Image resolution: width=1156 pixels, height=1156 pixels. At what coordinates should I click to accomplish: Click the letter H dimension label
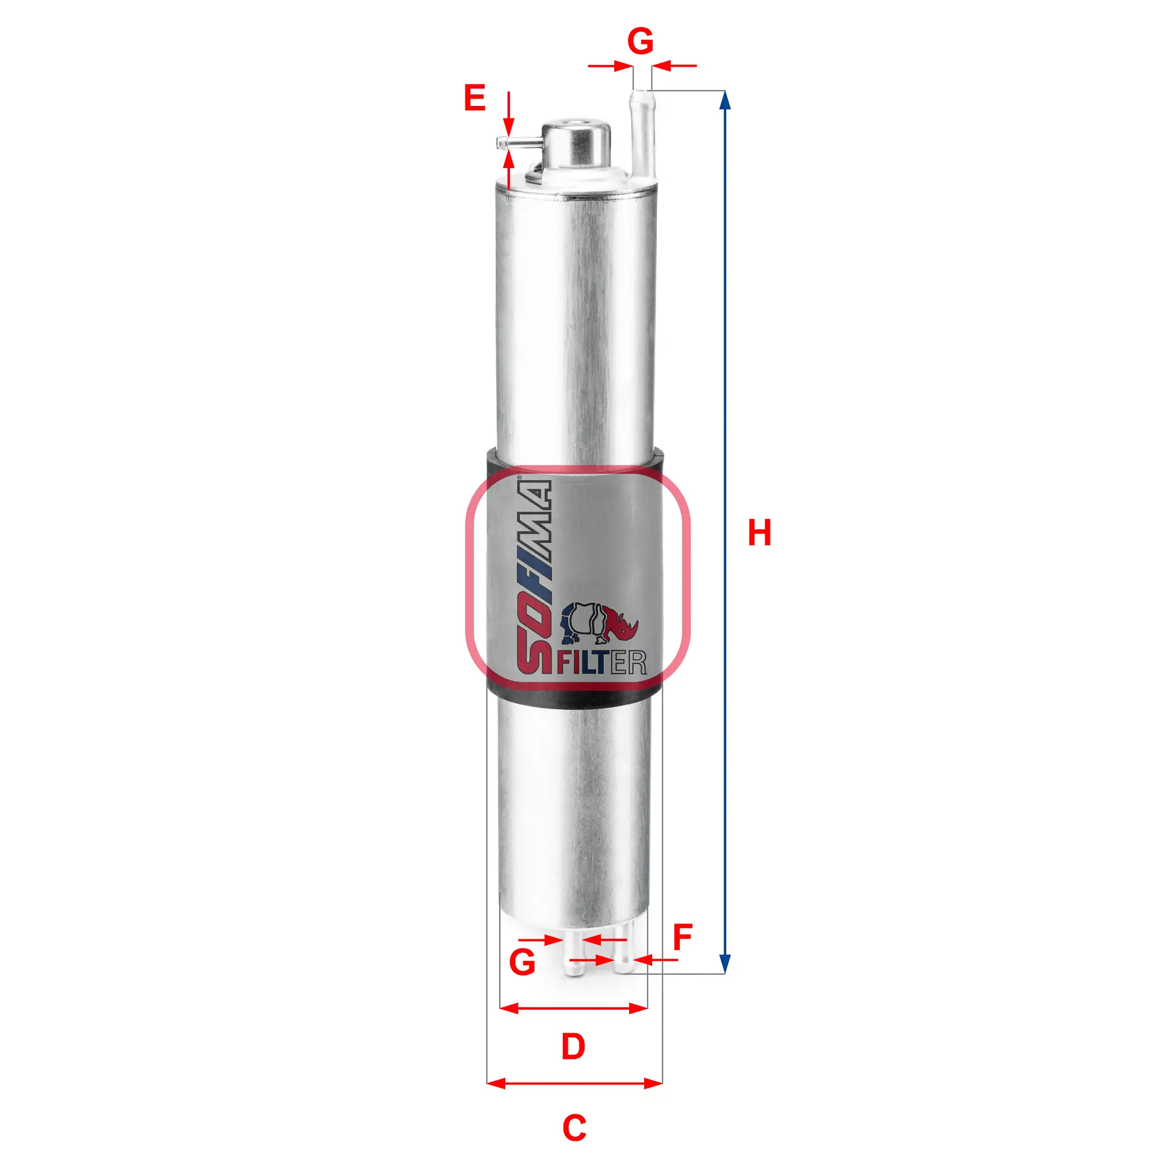pos(759,533)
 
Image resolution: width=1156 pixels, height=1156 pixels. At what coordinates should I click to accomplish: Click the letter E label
pos(474,98)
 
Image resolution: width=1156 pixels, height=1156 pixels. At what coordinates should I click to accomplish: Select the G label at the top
pos(640,42)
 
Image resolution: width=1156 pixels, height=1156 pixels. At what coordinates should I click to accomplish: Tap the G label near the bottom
pos(522,962)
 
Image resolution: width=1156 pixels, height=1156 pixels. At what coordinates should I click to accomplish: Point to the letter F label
pos(683,937)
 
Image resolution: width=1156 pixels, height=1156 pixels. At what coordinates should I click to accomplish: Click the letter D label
pos(573,1046)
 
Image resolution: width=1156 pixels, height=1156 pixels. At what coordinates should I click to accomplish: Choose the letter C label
pos(574,1128)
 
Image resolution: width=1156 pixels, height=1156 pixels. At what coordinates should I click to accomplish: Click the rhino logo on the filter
pos(599,624)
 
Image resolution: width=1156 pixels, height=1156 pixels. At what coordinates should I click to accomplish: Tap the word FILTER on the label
pos(601,662)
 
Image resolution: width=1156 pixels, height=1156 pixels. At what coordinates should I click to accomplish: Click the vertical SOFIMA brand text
pos(534,575)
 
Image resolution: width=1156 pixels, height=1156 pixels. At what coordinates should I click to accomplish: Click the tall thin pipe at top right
pos(641,132)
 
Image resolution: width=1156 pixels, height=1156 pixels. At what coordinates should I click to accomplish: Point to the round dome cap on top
pos(576,144)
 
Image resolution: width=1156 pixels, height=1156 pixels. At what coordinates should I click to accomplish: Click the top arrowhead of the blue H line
pos(726,99)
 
